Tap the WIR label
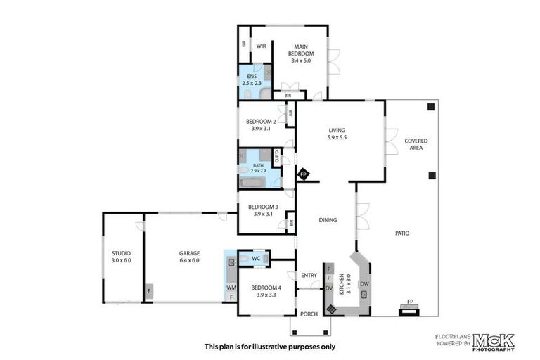pos(260,46)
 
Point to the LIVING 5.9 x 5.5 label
pos(337,134)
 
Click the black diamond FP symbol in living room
pos(303,174)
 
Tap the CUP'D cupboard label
pos(277,157)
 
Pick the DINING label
pos(328,220)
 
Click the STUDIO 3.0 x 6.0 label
pos(121,257)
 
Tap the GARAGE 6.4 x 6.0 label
pos(189,257)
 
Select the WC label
pos(257,259)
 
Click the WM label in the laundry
pos(231,287)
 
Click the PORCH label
pos(309,314)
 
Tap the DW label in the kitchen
pos(364,284)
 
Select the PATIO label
pos(401,233)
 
